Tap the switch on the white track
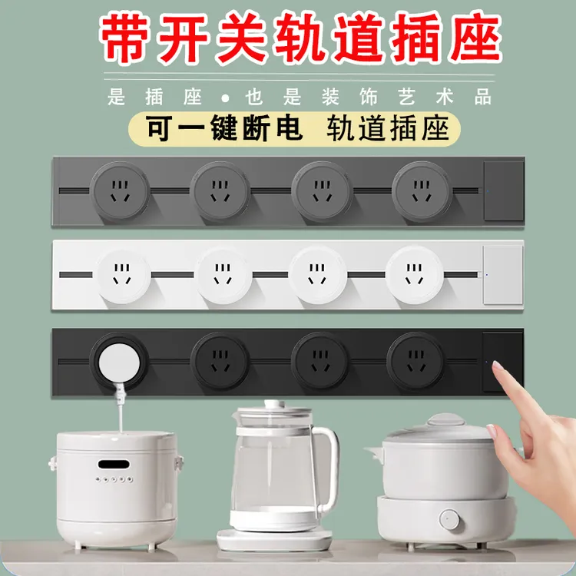[x=502, y=274]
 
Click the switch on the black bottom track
[x=502, y=361]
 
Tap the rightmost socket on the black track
[x=415, y=359]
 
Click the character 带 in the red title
[x=128, y=38]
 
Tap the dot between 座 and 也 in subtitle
[x=224, y=98]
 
